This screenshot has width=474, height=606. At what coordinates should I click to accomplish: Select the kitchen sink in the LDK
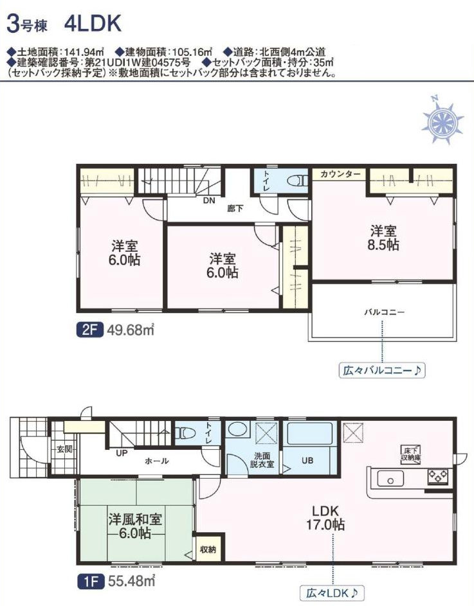tap(390, 479)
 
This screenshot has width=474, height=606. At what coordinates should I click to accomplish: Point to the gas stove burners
tap(437, 477)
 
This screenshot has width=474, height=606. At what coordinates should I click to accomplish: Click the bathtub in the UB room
tap(310, 433)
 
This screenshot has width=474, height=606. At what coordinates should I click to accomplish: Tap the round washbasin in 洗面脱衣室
tap(237, 429)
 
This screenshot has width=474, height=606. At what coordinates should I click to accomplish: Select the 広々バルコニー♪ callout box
tap(382, 371)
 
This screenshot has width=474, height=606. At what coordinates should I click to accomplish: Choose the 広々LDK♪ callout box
tap(333, 593)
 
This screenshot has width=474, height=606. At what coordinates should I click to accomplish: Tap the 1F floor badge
tap(90, 580)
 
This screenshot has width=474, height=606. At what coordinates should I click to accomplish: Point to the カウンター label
tap(340, 174)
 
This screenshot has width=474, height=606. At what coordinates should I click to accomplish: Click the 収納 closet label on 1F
tap(208, 549)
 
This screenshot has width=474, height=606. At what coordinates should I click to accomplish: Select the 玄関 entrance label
tap(64, 449)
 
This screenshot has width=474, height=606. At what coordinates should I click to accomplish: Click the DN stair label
tap(209, 201)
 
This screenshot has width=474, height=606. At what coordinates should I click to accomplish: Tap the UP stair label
tap(122, 453)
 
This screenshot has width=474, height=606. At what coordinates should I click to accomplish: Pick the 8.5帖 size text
tap(383, 245)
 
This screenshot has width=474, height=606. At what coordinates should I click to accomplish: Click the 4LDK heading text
tap(93, 23)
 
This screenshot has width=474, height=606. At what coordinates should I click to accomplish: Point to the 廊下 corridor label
tap(235, 209)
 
